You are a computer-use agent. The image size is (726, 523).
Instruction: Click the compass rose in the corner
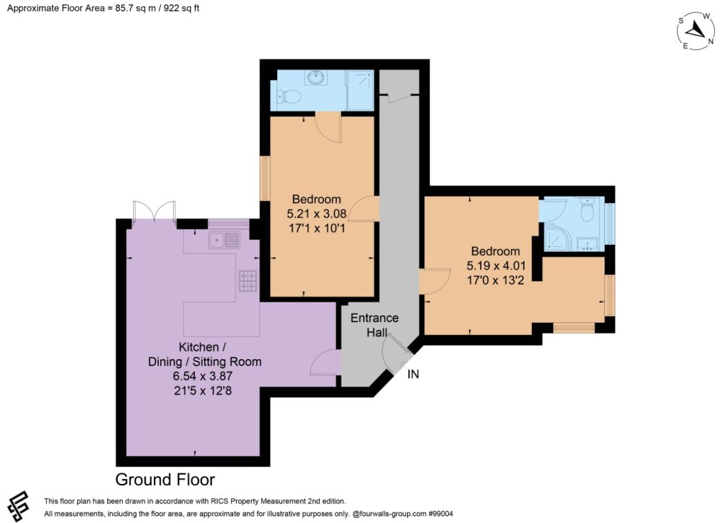click(x=696, y=31)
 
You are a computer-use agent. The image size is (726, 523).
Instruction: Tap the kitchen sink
click(x=224, y=241)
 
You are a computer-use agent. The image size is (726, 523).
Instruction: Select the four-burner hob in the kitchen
click(x=247, y=281)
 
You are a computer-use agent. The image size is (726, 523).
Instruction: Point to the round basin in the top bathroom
click(x=315, y=77)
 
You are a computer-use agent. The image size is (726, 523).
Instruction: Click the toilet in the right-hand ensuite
click(x=587, y=211)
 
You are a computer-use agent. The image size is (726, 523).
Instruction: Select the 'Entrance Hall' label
click(x=374, y=325)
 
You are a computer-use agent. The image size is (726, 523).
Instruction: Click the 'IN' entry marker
click(x=413, y=374)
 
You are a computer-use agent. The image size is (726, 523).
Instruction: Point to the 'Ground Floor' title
click(x=164, y=480)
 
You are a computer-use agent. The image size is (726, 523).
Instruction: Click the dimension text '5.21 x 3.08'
click(x=317, y=214)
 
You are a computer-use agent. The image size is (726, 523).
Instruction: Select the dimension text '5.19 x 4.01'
click(x=496, y=265)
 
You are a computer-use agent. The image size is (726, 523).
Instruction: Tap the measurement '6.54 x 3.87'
click(x=203, y=375)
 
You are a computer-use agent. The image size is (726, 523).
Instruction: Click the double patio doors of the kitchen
click(x=154, y=211)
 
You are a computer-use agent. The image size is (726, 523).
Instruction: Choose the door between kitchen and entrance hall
click(x=326, y=362)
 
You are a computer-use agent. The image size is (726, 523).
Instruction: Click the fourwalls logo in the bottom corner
click(x=18, y=506)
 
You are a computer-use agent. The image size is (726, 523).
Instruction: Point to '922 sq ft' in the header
click(x=181, y=8)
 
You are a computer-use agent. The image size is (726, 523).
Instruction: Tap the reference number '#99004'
click(x=440, y=513)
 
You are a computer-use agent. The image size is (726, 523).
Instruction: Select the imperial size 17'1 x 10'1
click(x=317, y=228)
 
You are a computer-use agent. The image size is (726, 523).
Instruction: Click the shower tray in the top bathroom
click(x=359, y=90)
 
